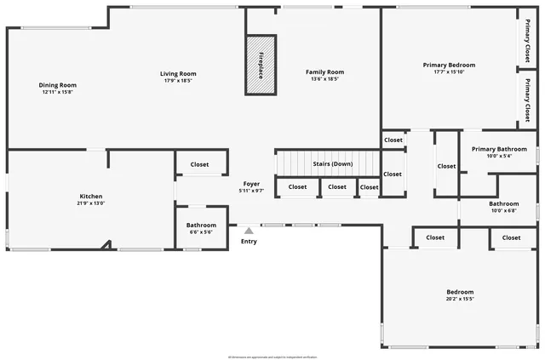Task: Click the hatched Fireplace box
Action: point(261,65)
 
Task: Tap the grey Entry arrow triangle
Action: point(249,230)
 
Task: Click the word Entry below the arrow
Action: point(249,241)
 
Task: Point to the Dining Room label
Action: point(58,84)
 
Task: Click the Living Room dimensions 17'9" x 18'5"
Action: point(178,81)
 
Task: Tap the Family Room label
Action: point(324,72)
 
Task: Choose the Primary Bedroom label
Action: point(449,65)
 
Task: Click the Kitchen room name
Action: point(91,196)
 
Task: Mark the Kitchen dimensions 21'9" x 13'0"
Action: point(91,203)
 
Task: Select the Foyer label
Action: point(251,183)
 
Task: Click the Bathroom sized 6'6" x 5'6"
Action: point(201,226)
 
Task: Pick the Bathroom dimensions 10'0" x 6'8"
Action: point(503,211)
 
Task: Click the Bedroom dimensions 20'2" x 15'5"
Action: point(459,299)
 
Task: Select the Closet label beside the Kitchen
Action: point(199,164)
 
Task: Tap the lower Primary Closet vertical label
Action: point(527,99)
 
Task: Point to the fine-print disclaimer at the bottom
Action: point(272,356)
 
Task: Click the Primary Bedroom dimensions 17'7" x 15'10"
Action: point(449,72)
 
